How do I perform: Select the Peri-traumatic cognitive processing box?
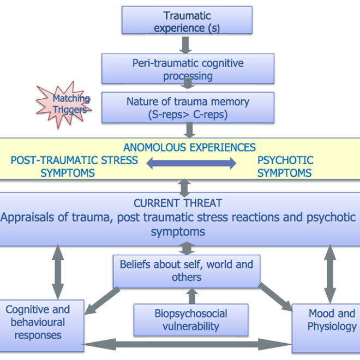(188, 69)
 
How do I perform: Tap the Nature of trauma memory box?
(188, 107)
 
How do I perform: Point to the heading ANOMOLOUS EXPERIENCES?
(189, 147)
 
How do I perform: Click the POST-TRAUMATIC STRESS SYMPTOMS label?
(74, 166)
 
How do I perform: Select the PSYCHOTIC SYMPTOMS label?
(285, 166)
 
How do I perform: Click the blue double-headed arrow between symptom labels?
(191, 163)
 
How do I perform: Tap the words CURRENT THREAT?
(178, 203)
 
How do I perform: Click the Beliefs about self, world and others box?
(186, 271)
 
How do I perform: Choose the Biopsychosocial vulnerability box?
(190, 320)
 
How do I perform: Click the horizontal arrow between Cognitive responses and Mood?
(188, 344)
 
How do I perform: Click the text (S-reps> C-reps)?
(188, 115)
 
